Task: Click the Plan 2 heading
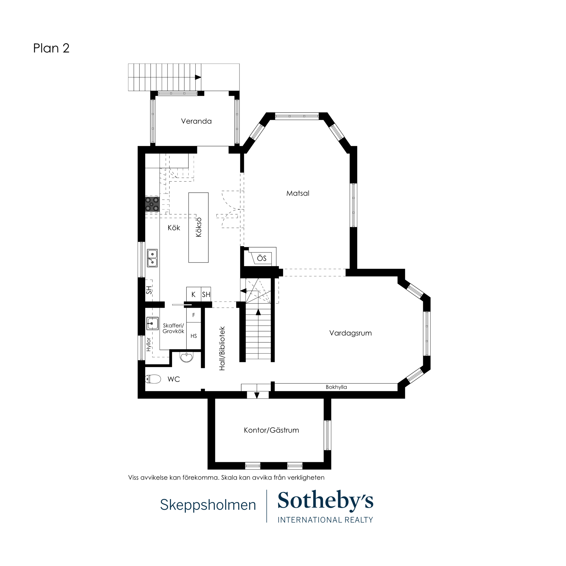click(51, 48)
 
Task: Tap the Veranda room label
click(196, 121)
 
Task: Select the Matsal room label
click(298, 193)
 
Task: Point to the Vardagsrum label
click(350, 333)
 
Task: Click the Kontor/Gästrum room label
click(271, 430)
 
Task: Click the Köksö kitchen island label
click(199, 227)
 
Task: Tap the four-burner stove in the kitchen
click(152, 204)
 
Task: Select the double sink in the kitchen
click(152, 258)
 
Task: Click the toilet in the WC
click(153, 379)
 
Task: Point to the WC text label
click(174, 379)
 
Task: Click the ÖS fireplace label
click(262, 258)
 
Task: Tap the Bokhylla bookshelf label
click(336, 387)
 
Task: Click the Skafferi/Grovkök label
click(173, 328)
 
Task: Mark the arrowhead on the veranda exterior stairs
click(198, 77)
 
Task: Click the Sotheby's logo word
click(325, 501)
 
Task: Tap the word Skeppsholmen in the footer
click(208, 505)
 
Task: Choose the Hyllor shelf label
click(148, 344)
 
